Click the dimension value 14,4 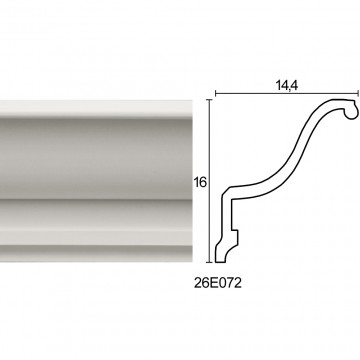pos(287,86)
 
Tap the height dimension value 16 pos(200,183)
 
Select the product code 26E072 pos(218,283)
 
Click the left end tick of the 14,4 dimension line pos(216,93)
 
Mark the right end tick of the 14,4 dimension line pos(358,93)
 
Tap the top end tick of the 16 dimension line pos(209,100)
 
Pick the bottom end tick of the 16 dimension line pos(209,262)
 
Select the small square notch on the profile pos(235,237)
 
